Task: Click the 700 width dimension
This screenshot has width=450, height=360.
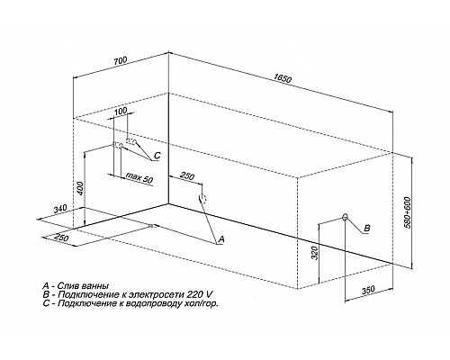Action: (x=121, y=60)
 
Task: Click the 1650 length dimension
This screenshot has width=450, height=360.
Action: (x=282, y=78)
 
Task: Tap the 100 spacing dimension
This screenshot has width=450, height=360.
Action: (x=121, y=111)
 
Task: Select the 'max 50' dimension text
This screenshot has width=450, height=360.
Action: (x=139, y=177)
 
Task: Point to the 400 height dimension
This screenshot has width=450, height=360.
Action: (x=80, y=188)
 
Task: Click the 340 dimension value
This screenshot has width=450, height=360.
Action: (x=61, y=209)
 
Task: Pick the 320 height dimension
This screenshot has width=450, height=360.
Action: (x=314, y=253)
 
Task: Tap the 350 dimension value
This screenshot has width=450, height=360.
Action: (x=368, y=290)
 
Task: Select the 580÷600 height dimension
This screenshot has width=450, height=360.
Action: (x=408, y=212)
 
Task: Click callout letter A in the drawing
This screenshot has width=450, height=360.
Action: (x=221, y=239)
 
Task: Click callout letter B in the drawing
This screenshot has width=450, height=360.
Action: (x=367, y=229)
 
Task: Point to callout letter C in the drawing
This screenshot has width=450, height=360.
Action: (x=157, y=156)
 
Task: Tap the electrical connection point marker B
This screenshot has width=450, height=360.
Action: (x=346, y=217)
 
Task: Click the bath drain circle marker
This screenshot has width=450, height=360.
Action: (x=202, y=198)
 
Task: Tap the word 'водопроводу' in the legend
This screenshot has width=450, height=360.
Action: (x=169, y=303)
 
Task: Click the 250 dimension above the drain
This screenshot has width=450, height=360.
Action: (x=188, y=176)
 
